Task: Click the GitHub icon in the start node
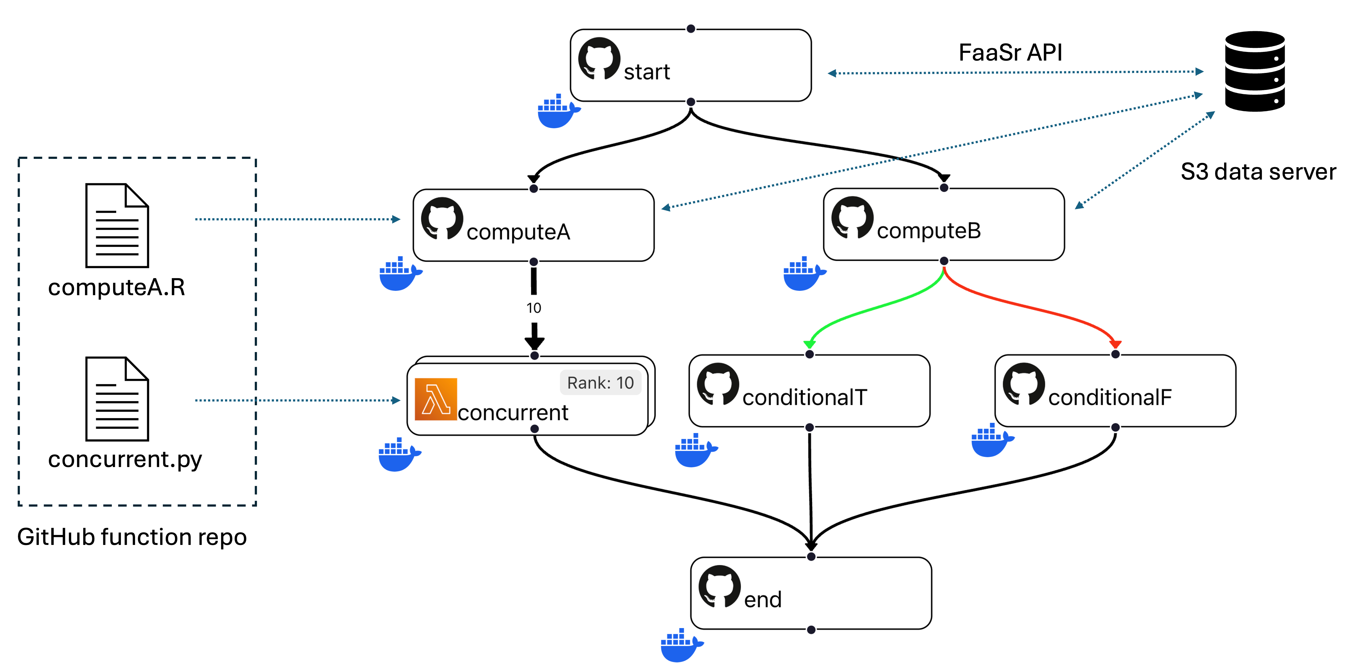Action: pos(599,58)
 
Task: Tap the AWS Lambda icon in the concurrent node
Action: pos(436,399)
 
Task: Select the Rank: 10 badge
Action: pos(600,382)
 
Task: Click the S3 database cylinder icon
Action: pos(1255,71)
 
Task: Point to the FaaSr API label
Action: pos(1010,53)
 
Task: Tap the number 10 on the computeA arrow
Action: pos(534,308)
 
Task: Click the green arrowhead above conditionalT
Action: pos(809,344)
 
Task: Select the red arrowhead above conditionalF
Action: pos(1115,344)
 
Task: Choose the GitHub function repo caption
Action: pos(132,537)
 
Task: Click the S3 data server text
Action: pos(1258,172)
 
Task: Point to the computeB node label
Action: pos(929,231)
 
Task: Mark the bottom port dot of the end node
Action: pos(811,629)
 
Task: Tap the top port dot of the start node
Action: pos(691,28)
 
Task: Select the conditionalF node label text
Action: pos(1110,397)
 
